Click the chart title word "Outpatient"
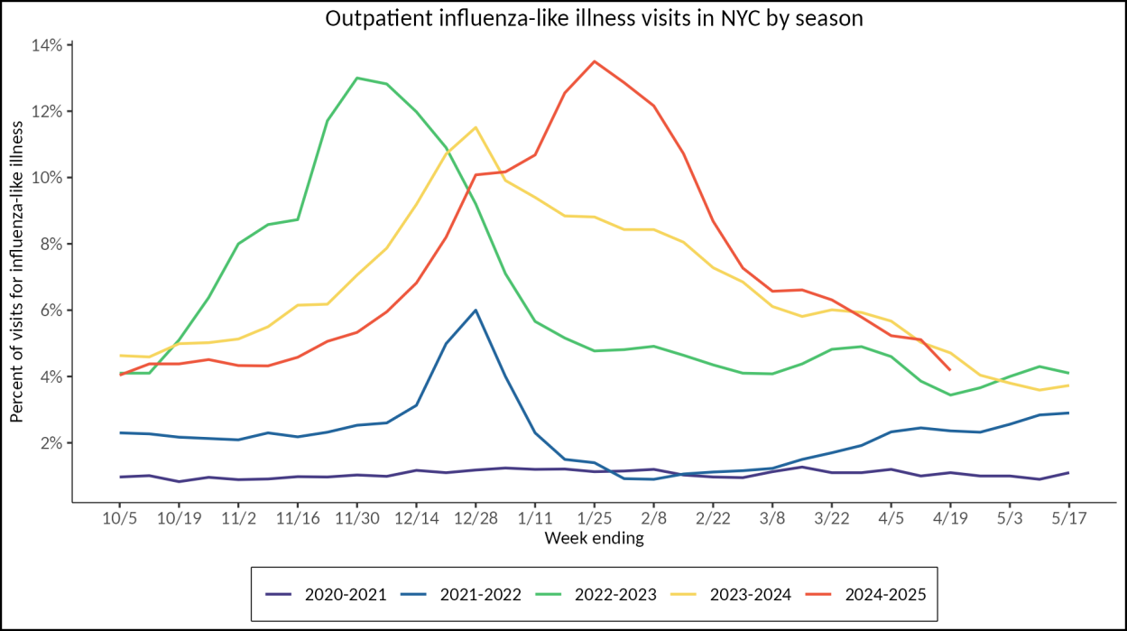point(371,19)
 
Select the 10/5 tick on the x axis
point(120,520)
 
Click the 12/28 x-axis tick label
point(476,520)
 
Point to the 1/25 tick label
point(594,520)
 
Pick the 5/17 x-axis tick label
point(1069,520)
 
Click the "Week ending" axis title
point(594,539)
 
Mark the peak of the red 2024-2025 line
point(594,61)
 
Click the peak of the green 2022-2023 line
point(357,78)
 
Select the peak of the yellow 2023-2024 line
point(476,127)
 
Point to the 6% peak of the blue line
point(476,310)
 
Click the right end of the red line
point(950,369)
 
